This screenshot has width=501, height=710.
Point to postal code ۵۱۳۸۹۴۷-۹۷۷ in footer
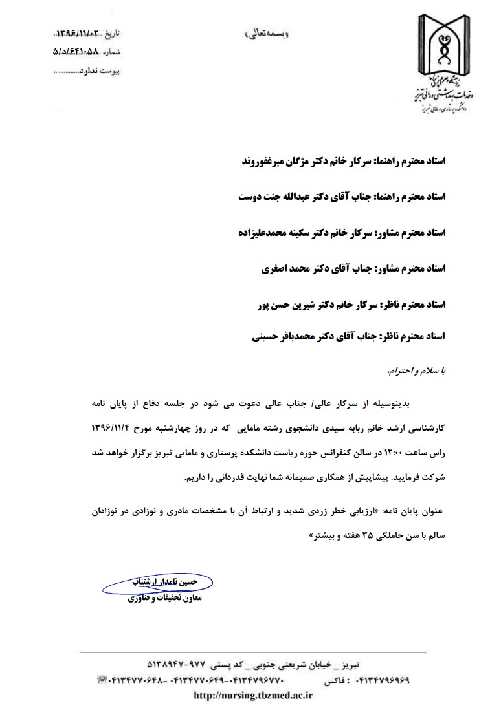(x=173, y=665)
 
